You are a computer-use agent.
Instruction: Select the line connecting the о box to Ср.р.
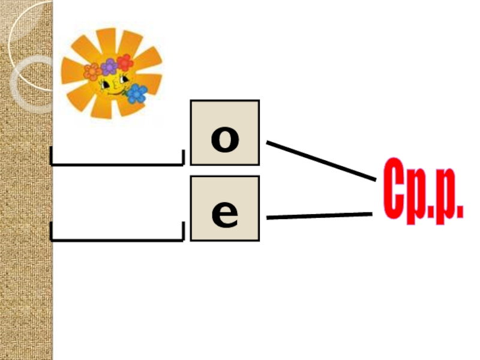tap(321, 160)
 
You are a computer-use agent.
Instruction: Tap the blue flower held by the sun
tap(137, 94)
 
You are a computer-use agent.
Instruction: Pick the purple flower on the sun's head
tap(109, 66)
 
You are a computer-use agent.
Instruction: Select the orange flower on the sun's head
tap(93, 72)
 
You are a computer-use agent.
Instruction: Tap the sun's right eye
tap(122, 79)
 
